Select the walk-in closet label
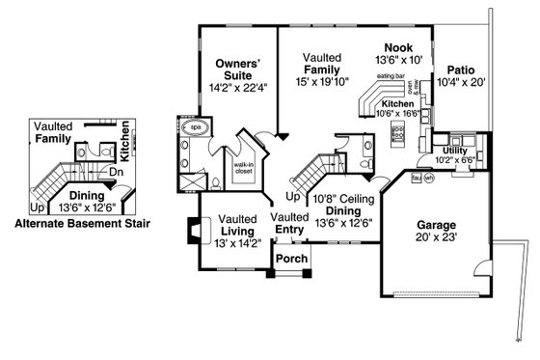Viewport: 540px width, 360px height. tap(243, 170)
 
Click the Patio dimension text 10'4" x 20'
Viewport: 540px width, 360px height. tap(466, 84)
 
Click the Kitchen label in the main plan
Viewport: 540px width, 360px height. tap(398, 103)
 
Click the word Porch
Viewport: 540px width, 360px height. tap(291, 259)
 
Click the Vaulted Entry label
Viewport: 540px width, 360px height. tap(290, 223)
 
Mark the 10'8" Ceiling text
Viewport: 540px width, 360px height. tap(337, 198)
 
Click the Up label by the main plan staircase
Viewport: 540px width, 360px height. tap(293, 196)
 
